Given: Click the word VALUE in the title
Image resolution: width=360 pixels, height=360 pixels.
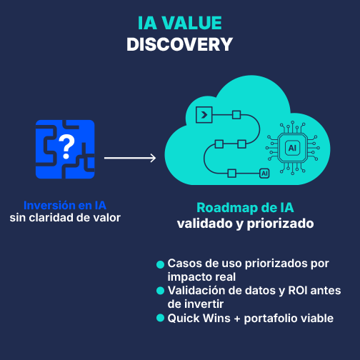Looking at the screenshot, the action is tap(192, 23).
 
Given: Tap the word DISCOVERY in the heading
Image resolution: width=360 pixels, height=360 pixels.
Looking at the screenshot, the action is tap(179, 44).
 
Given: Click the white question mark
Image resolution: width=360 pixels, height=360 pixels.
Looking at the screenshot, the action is tap(66, 146).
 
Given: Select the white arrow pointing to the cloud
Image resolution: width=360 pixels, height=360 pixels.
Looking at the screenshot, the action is tap(130, 158).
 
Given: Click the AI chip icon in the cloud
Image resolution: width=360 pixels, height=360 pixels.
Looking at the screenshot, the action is tap(292, 148).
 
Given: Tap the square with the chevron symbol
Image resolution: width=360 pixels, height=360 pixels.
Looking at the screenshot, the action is tap(204, 115).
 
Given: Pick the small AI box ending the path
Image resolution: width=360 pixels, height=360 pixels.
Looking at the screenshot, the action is tap(264, 174).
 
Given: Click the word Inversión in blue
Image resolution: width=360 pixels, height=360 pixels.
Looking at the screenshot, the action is tap(49, 205).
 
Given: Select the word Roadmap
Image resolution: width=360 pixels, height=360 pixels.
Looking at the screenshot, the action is tap(227, 208).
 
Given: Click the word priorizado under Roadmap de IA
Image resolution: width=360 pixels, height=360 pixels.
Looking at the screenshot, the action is tap(280, 224).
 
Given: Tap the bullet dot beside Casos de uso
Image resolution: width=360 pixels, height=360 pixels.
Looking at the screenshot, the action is tap(160, 264).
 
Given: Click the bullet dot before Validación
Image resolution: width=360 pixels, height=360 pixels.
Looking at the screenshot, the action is tap(160, 291).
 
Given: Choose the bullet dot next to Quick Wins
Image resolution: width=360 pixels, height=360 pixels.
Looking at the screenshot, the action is tap(160, 318).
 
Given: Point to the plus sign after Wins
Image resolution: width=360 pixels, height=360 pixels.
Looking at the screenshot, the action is tap(237, 319).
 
